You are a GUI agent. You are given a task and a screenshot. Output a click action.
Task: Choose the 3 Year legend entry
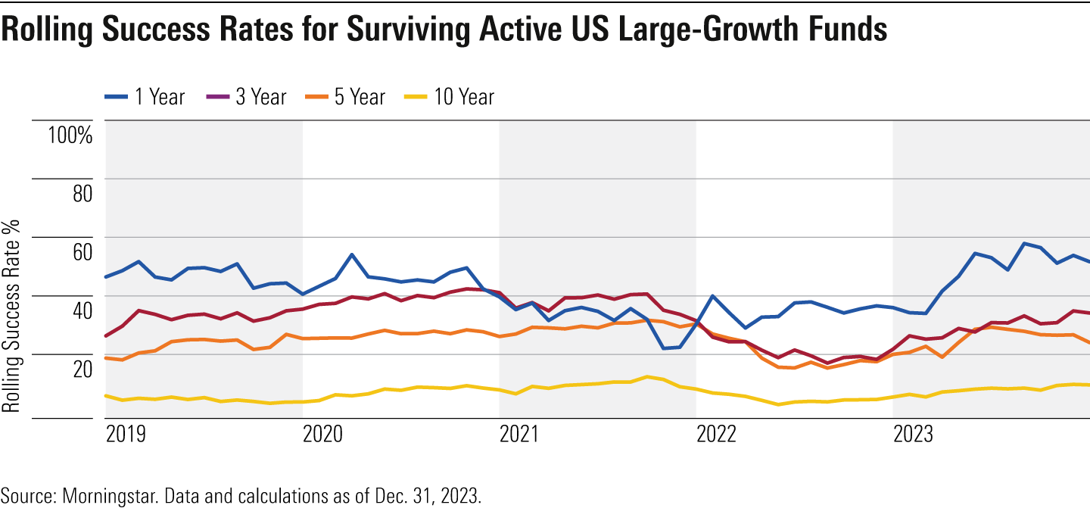tap(246, 97)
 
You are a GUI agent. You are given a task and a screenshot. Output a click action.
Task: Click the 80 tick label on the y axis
tap(82, 195)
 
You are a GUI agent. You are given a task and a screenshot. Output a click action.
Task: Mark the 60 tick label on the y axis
tap(82, 253)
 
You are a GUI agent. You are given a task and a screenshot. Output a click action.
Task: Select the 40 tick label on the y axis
tap(82, 311)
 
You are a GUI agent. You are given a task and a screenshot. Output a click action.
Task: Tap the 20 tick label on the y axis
tap(82, 369)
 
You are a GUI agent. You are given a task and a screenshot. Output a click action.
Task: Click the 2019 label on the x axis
tap(126, 435)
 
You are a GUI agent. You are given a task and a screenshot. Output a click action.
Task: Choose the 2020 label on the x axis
tap(323, 435)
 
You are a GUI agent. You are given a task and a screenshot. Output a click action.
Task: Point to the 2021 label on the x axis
tap(520, 435)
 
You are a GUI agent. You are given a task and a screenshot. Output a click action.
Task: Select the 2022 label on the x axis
tap(717, 435)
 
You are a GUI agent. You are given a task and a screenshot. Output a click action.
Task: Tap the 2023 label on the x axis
tap(914, 435)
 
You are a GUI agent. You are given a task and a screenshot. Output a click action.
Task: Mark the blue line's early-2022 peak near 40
tap(712, 296)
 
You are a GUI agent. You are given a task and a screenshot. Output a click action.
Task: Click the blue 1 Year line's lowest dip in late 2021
tap(664, 348)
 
